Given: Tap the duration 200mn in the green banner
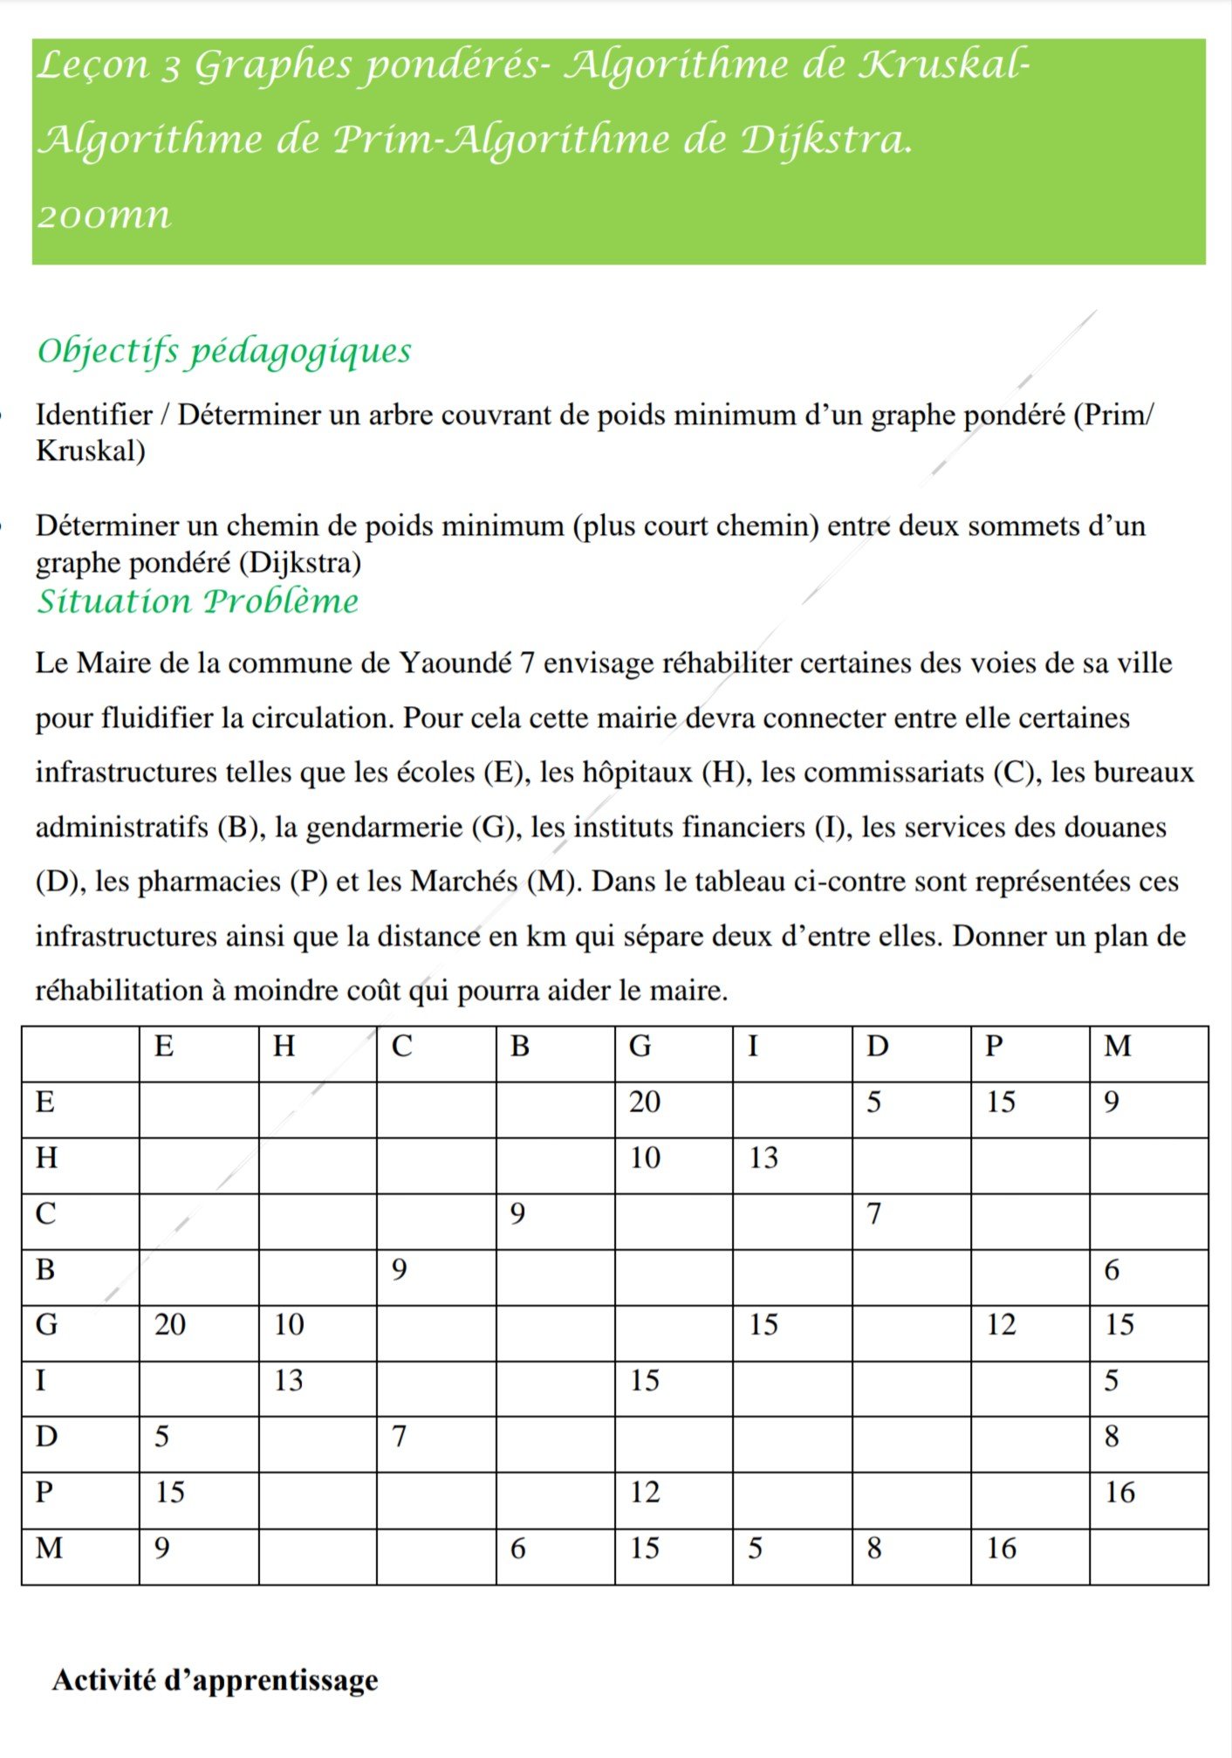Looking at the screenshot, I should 104,216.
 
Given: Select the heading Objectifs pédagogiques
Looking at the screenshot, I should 224,352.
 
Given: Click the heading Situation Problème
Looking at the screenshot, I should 197,601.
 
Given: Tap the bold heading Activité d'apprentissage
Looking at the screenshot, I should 216,1679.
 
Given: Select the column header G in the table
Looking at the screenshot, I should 640,1046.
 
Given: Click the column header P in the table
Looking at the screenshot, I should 993,1046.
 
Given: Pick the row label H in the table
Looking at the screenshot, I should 46,1158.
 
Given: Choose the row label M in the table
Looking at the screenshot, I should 49,1548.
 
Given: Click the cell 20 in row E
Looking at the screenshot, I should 645,1102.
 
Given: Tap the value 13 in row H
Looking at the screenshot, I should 763,1158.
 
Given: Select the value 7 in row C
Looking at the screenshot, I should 873,1214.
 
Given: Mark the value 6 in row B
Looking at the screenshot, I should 1111,1270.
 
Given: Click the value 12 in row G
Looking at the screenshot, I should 1001,1325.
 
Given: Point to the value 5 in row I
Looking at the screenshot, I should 1111,1381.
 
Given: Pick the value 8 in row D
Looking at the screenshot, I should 1111,1437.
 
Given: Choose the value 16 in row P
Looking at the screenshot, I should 1119,1493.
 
